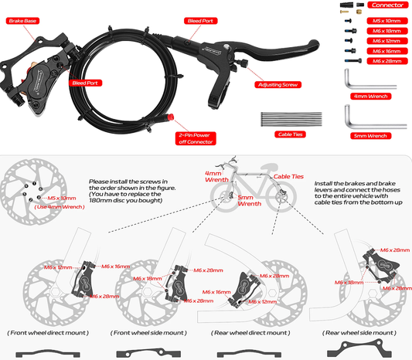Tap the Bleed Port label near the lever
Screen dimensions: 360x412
201,22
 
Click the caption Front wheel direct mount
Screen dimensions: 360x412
48,332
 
